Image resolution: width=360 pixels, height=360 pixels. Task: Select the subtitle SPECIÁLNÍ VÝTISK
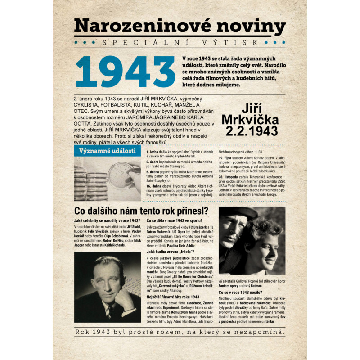180,43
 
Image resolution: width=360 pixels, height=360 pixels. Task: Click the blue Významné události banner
107,151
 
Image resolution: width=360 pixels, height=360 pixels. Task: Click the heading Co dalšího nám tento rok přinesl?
141,211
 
